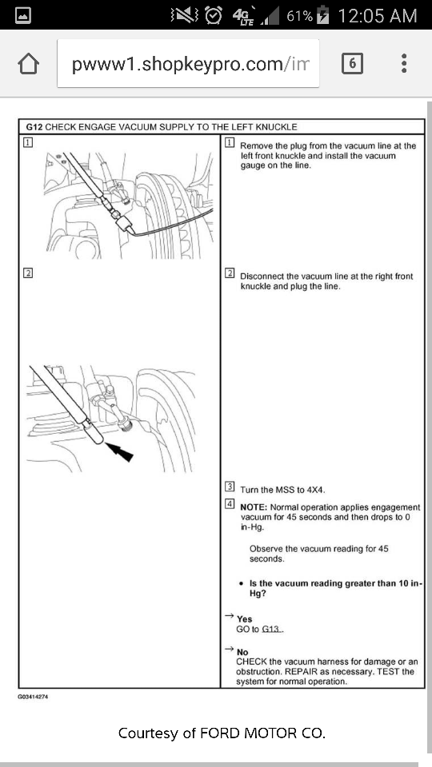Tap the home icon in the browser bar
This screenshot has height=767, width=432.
click(29, 64)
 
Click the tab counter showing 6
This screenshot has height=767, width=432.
click(352, 64)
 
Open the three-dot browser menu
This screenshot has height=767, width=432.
click(403, 64)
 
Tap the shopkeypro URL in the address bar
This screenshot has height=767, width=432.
click(191, 64)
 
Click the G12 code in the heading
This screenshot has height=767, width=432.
click(34, 127)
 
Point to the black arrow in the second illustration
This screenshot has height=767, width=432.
click(119, 451)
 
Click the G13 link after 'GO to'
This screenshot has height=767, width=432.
click(272, 629)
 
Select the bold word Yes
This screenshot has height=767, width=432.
click(245, 619)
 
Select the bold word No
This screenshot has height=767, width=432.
click(242, 652)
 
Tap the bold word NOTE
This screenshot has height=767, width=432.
click(253, 507)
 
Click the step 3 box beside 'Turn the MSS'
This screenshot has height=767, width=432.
click(229, 487)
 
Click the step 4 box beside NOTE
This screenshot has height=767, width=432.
click(229, 504)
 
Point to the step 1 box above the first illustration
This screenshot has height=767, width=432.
click(28, 142)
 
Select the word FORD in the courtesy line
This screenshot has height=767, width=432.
click(221, 733)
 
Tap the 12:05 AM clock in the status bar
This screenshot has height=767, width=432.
click(377, 16)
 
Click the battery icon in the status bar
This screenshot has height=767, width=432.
click(323, 15)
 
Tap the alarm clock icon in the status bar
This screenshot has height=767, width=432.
click(214, 15)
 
